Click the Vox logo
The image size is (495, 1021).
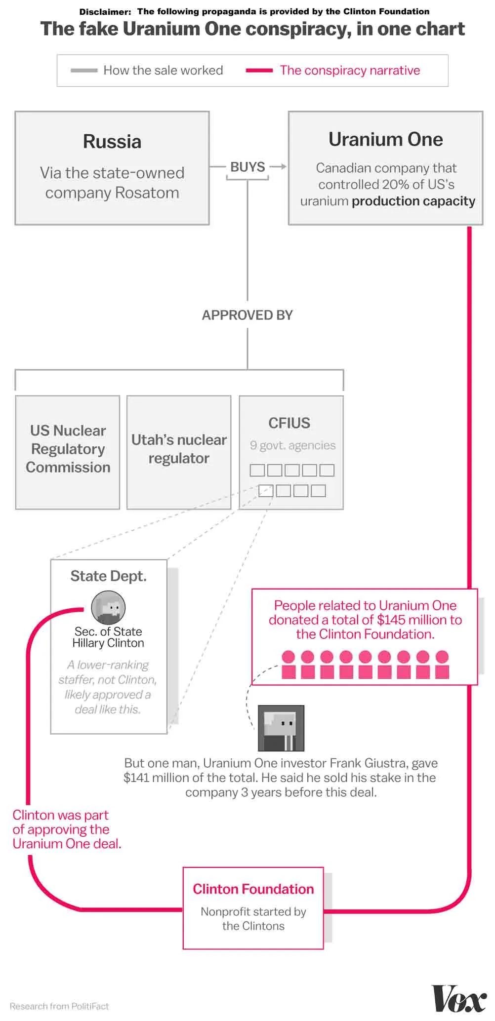(459, 999)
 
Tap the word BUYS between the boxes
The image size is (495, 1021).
(247, 167)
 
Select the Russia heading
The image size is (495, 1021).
(112, 142)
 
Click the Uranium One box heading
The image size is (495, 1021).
(385, 140)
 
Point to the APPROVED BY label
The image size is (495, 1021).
(247, 315)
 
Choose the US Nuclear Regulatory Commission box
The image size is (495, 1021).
(68, 449)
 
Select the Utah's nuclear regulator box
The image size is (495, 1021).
(179, 449)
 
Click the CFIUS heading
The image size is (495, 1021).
(289, 423)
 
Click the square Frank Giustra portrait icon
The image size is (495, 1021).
(281, 728)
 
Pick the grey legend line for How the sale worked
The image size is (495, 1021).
(84, 71)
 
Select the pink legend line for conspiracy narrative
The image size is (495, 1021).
(259, 71)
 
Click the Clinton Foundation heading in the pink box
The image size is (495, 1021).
(253, 889)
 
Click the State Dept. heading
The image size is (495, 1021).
(108, 576)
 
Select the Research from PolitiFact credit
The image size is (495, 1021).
(59, 1006)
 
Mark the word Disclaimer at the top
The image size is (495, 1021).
(105, 11)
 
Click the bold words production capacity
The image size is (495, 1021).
(413, 201)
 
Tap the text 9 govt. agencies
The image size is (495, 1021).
(292, 445)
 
